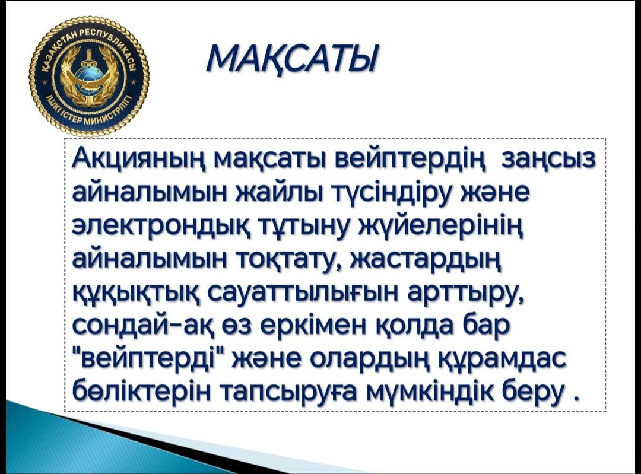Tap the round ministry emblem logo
click(x=89, y=78)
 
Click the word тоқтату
click(x=290, y=260)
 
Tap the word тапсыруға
click(x=293, y=395)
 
